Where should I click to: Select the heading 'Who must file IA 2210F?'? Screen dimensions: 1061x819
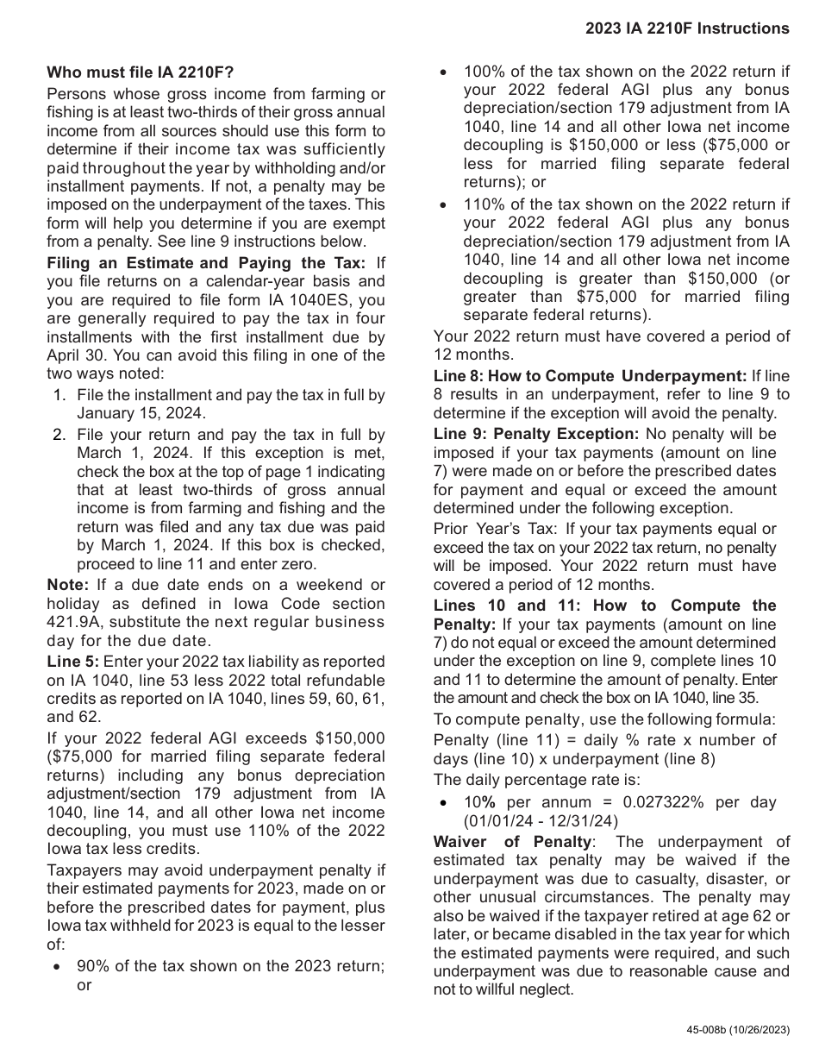click(140, 72)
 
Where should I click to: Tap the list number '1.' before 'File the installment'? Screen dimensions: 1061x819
click(59, 395)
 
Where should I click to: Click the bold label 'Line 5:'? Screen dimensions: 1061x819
click(73, 661)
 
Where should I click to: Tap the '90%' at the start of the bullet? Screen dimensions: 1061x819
click(92, 966)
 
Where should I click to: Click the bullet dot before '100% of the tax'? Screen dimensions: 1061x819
click(443, 72)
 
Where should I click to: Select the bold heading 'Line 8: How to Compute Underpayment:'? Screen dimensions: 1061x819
click(590, 376)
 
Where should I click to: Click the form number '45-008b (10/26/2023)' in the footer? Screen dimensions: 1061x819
click(737, 1030)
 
